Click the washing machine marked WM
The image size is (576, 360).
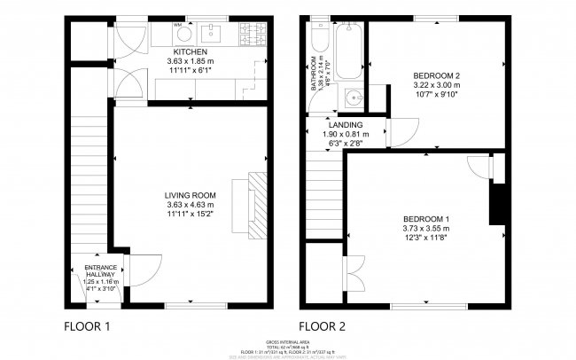(x=178, y=35)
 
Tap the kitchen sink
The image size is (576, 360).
(x=212, y=35)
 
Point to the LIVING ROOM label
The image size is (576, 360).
(x=191, y=195)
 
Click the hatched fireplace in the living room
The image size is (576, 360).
(x=256, y=204)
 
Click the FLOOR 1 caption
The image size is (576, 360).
(x=87, y=325)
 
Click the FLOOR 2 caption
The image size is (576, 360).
(x=322, y=325)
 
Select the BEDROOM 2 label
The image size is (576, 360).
(x=434, y=75)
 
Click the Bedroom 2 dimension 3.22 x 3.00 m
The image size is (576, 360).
(x=434, y=85)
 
